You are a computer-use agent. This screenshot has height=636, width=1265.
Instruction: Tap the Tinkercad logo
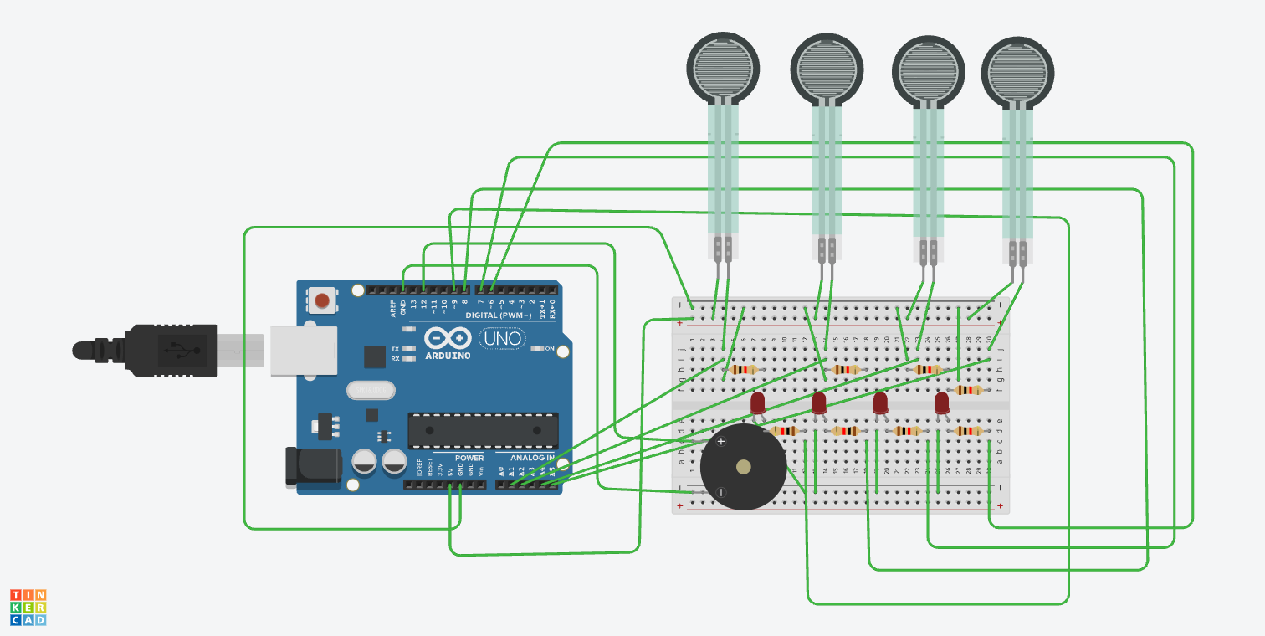(28, 608)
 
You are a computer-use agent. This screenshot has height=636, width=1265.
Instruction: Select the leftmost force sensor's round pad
(723, 68)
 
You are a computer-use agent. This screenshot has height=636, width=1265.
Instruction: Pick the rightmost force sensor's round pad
(1017, 71)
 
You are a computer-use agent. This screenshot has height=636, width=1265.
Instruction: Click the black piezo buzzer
(743, 467)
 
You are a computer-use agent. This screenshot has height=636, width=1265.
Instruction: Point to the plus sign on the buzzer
(721, 441)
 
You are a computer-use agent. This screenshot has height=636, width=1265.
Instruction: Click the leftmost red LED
(758, 403)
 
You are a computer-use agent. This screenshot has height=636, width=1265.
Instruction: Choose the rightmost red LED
(942, 403)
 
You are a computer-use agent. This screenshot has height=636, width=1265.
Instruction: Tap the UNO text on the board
(502, 339)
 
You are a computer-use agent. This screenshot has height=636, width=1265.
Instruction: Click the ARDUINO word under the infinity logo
(447, 356)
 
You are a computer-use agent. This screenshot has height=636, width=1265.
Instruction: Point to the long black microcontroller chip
(483, 430)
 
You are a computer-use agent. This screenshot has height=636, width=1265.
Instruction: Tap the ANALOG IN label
(532, 458)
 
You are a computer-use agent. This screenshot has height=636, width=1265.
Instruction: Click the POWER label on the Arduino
(469, 458)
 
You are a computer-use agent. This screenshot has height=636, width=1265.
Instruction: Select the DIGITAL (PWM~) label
(498, 315)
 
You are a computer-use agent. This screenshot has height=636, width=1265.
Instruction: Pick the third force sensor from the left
(929, 71)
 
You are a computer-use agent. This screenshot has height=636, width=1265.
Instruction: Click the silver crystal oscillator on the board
(369, 390)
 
